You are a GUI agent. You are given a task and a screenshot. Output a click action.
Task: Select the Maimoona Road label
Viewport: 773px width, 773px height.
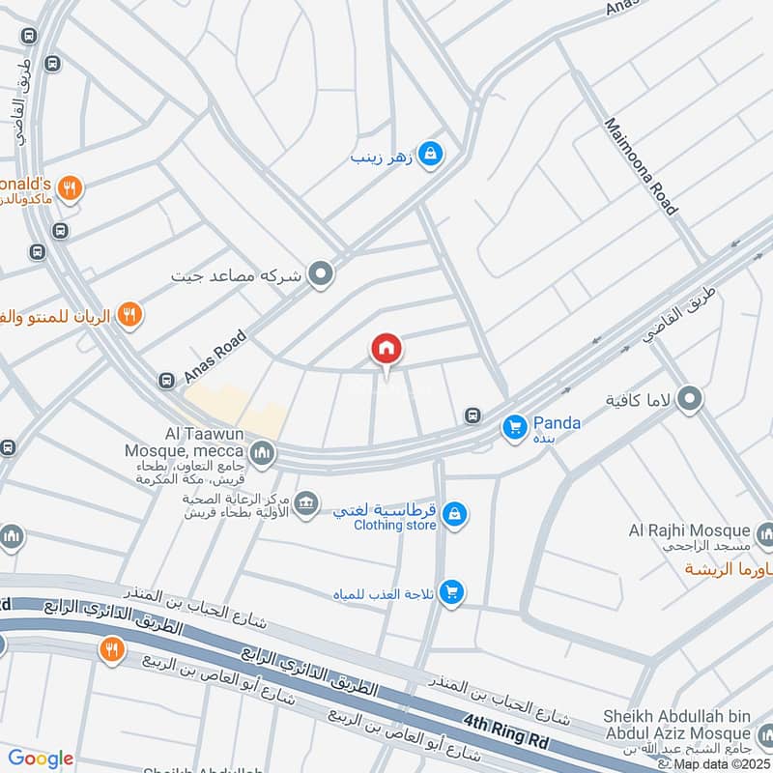641,166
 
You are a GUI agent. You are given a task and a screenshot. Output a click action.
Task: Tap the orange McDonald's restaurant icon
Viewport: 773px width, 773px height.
68,188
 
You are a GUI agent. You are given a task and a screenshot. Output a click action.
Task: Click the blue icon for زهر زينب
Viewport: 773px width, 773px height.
432,153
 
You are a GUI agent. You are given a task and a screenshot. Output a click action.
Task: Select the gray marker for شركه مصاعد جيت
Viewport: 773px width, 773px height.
320,275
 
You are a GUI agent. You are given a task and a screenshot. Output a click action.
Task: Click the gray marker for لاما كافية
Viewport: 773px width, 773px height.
690,398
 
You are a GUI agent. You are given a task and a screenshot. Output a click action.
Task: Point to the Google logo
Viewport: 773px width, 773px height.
41,759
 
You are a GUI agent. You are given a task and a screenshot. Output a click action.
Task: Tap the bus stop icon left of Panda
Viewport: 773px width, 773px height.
472,415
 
